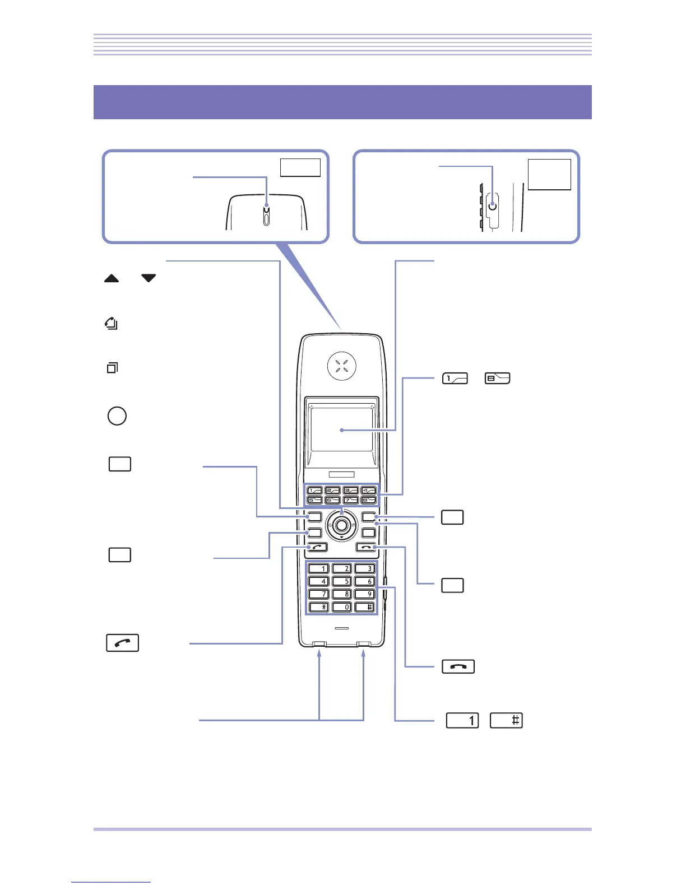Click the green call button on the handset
317,547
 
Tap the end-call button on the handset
365,547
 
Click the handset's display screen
341,430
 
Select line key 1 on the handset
315,491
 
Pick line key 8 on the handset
368,499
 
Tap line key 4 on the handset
368,491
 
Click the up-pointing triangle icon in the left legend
112,278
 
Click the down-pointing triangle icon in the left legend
148,278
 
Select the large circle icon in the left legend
117,416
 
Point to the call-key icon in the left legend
122,643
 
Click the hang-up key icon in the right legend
458,666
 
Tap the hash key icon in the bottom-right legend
506,720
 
